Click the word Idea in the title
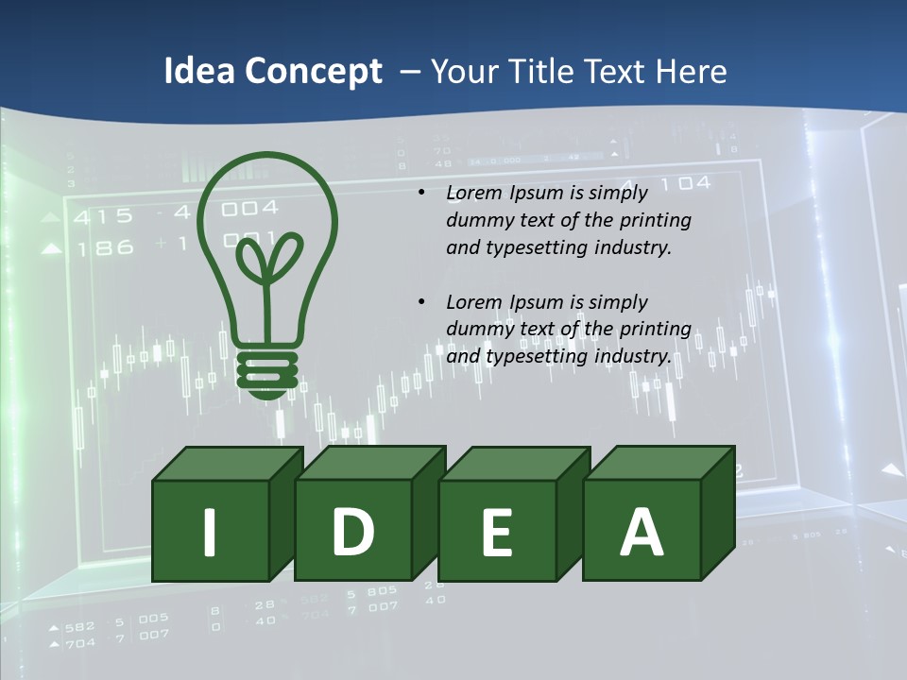199,72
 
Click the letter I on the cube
210,532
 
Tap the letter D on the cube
353,531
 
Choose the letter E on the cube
497,533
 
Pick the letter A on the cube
642,532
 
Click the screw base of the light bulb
267,370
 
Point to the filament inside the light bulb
267,260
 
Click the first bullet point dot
421,193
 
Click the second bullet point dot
421,302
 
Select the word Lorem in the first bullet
471,193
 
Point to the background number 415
104,216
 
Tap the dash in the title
411,72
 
